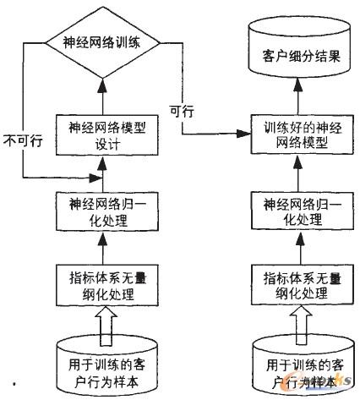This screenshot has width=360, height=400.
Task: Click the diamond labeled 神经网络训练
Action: tap(101, 41)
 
